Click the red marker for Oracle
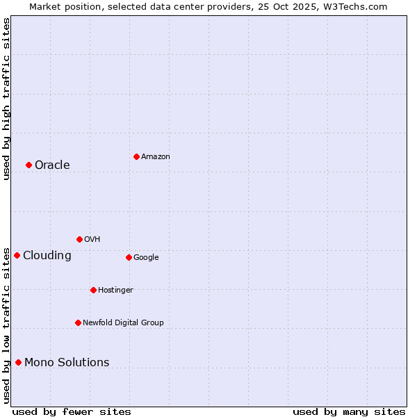[28, 165]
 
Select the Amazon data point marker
[136, 156]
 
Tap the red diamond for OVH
[79, 239]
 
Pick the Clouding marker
[17, 255]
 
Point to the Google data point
[129, 257]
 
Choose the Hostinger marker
[93, 290]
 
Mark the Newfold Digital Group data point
[78, 322]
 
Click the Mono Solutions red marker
[18, 362]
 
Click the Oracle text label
[52, 165]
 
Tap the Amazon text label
[155, 156]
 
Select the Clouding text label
[47, 255]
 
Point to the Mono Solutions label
[67, 362]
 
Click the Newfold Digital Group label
[123, 322]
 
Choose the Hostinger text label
[115, 290]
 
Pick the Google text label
[146, 257]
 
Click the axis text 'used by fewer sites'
[72, 411]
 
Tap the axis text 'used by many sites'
[349, 411]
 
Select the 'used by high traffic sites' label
[6, 99]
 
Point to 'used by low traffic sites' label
[6, 325]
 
